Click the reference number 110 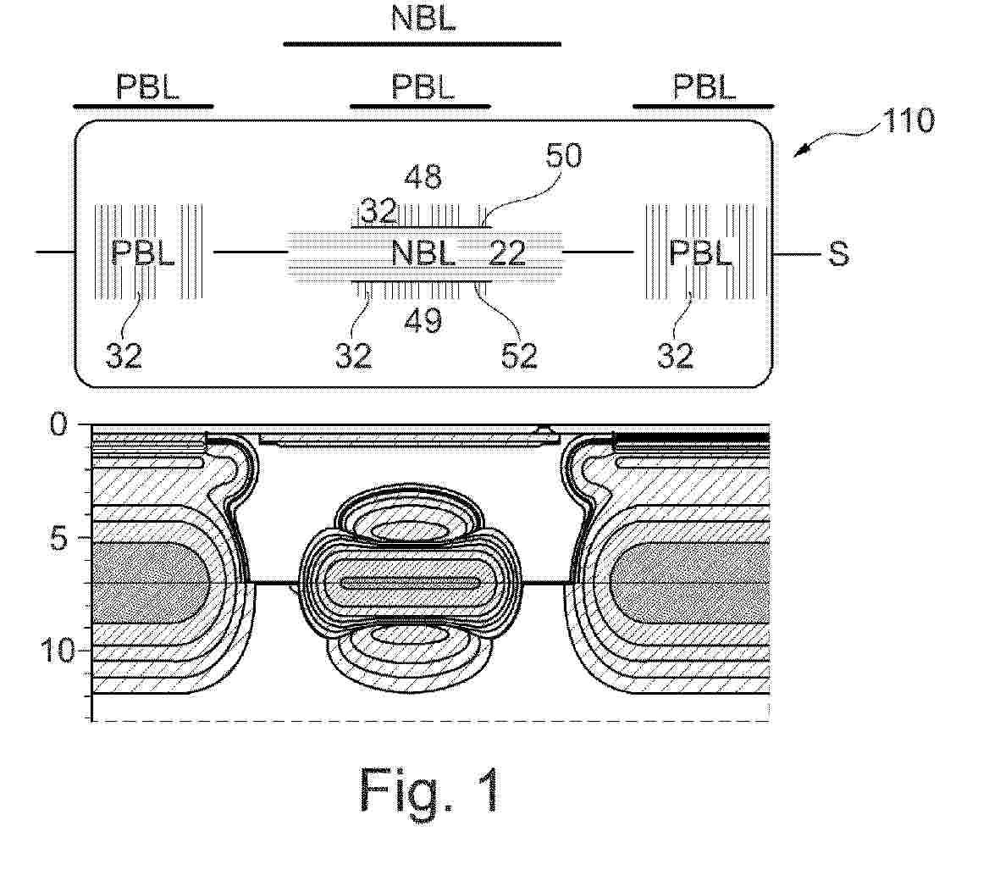[x=909, y=120]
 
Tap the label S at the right [x=838, y=253]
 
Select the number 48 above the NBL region [x=423, y=177]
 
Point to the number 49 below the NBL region [x=423, y=320]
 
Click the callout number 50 [x=563, y=155]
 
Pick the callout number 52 [x=519, y=356]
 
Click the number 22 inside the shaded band [x=507, y=253]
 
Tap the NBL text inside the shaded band [x=423, y=253]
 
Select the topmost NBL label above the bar [x=423, y=18]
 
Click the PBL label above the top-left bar [x=147, y=86]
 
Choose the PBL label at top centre [x=423, y=86]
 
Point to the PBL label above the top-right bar [x=704, y=86]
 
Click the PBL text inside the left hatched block [x=142, y=253]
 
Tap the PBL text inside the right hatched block [x=700, y=253]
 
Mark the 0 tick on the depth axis [x=58, y=424]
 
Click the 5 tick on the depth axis [x=58, y=538]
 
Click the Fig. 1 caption [x=429, y=789]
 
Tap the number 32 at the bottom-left [x=124, y=356]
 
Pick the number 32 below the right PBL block [x=675, y=356]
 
